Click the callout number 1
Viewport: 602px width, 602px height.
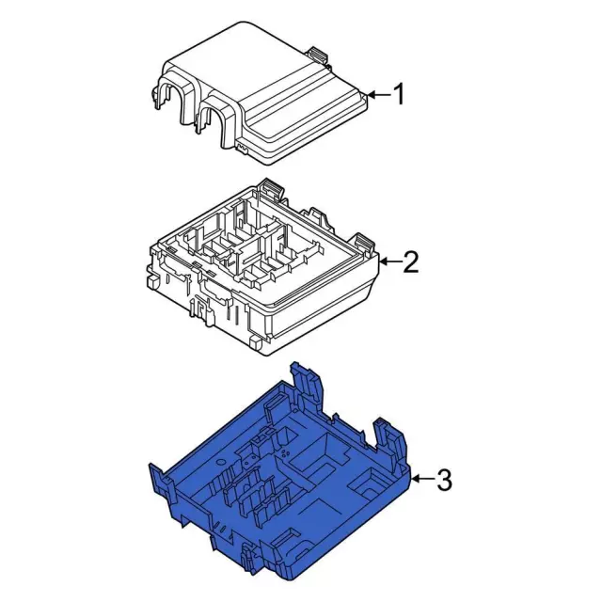(399, 94)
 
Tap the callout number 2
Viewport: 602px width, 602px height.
(410, 262)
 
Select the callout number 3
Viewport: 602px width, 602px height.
(444, 480)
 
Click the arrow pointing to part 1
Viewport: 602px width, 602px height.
(378, 94)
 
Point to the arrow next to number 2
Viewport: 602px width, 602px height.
(390, 262)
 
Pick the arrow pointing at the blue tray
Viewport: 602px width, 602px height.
(423, 479)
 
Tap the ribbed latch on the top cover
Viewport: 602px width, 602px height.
(318, 55)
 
